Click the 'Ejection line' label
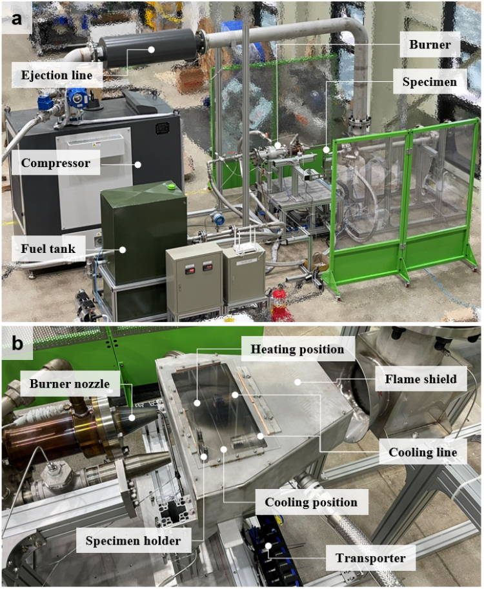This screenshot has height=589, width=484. (x=57, y=75)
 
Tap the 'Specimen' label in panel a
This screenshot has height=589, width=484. (x=429, y=82)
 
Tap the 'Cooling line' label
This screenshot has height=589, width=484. (x=422, y=452)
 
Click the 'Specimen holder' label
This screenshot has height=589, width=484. (x=133, y=540)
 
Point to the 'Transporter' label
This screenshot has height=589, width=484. (x=370, y=557)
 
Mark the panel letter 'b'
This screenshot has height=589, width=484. (x=18, y=343)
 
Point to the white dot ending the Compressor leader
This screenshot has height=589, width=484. (x=137, y=163)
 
